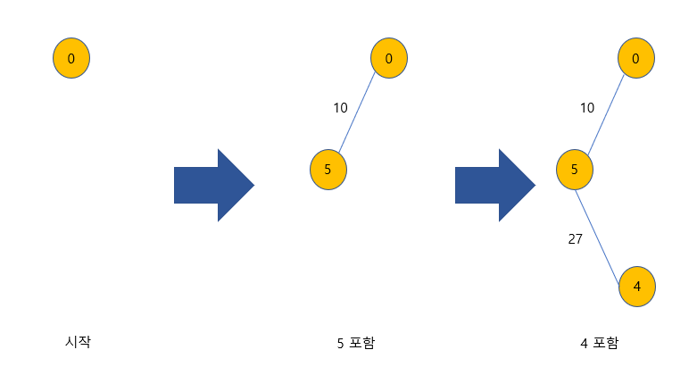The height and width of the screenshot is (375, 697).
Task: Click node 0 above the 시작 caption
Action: (71, 59)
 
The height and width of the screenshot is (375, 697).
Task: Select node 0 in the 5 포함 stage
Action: (389, 59)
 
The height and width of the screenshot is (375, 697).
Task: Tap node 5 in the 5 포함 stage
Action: (328, 169)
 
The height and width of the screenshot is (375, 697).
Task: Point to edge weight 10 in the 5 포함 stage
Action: (340, 108)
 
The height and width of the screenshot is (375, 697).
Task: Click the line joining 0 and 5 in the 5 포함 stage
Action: (358, 114)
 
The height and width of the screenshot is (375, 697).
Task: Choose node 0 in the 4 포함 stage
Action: (635, 59)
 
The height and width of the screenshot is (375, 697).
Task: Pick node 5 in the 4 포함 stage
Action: (575, 169)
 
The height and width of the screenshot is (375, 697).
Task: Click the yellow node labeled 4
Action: (636, 287)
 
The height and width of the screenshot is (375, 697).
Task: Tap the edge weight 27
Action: (576, 239)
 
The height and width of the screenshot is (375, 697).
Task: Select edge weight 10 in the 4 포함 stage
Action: (586, 108)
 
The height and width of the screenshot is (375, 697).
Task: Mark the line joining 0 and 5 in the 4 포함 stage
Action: (605, 114)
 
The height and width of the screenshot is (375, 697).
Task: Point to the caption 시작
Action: (79, 341)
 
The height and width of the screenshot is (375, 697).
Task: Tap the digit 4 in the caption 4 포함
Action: (583, 342)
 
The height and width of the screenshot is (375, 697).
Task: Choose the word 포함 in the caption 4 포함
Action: (603, 342)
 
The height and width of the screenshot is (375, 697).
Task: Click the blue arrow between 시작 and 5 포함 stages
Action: (214, 185)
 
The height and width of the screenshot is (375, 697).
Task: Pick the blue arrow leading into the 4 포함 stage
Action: (495, 185)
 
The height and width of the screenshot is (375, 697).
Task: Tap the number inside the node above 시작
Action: (71, 59)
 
